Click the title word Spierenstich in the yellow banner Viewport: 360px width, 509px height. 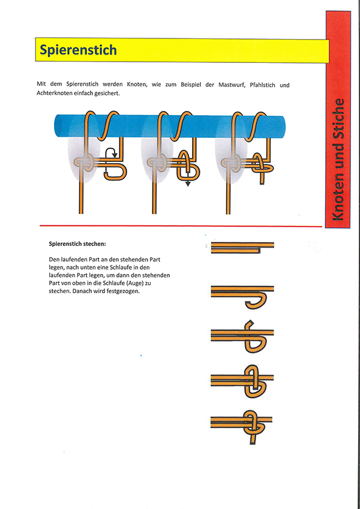78,50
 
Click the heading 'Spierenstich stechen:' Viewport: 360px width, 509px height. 77,244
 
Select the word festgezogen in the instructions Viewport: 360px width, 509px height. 122,291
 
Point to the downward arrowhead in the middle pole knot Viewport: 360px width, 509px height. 187,184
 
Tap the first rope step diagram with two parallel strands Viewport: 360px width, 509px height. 242,247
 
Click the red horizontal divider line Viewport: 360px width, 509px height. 180,226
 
